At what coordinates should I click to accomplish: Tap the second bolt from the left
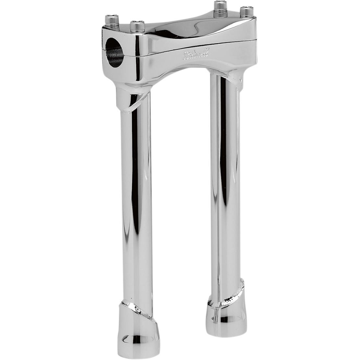point(136,26)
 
